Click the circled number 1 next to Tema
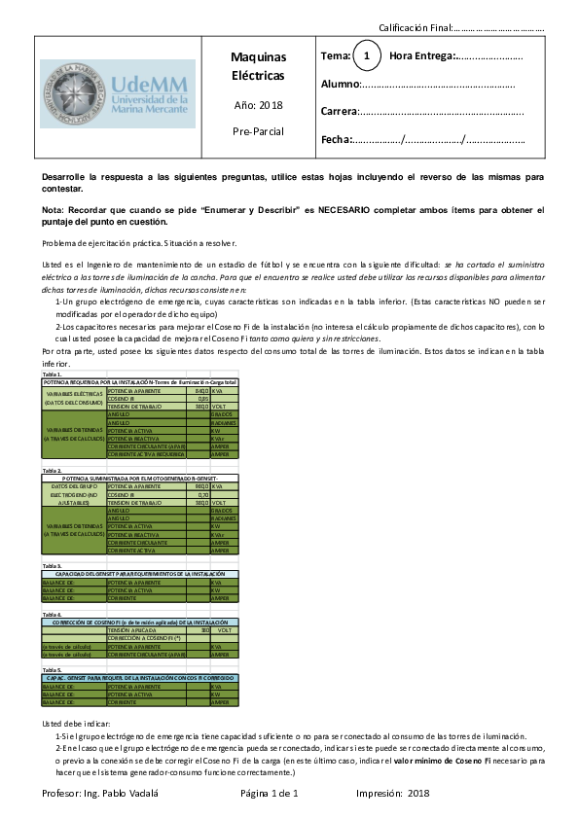[x=366, y=57]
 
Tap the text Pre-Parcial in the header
[x=258, y=129]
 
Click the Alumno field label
[x=340, y=86]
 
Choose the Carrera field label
[x=340, y=112]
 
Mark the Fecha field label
[x=336, y=140]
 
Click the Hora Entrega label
[x=421, y=57]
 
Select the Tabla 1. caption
[x=53, y=374]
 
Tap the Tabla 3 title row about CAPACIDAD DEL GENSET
[x=140, y=575]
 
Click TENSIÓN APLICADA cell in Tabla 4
[x=146, y=630]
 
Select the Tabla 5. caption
[x=53, y=670]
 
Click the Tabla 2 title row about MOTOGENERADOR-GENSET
[x=140, y=479]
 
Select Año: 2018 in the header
[x=258, y=105]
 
